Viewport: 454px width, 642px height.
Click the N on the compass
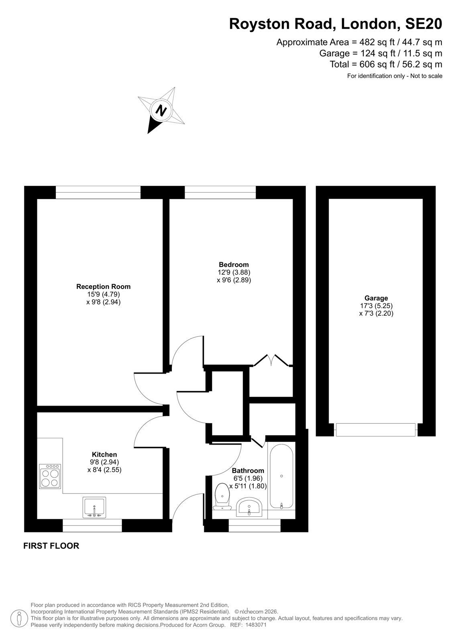click(x=161, y=110)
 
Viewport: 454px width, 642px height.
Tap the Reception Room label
click(x=103, y=286)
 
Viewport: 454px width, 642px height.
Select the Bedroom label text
click(x=234, y=264)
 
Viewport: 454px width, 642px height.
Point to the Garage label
click(x=376, y=298)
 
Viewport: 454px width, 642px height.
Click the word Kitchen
click(x=104, y=455)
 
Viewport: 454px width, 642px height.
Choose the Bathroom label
click(x=248, y=471)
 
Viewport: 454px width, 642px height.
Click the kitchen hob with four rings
click(x=50, y=476)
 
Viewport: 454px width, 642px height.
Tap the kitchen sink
click(x=94, y=508)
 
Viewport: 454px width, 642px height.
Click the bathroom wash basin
click(x=249, y=507)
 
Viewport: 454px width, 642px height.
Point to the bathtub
click(x=281, y=477)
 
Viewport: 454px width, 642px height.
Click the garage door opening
click(x=375, y=430)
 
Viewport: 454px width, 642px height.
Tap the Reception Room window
click(x=98, y=192)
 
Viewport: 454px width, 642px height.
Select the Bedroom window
click(x=220, y=192)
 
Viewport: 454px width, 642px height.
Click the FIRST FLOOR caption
click(x=51, y=546)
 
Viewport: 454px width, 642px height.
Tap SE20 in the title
click(x=423, y=24)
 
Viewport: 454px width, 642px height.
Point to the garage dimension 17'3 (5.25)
click(x=376, y=306)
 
